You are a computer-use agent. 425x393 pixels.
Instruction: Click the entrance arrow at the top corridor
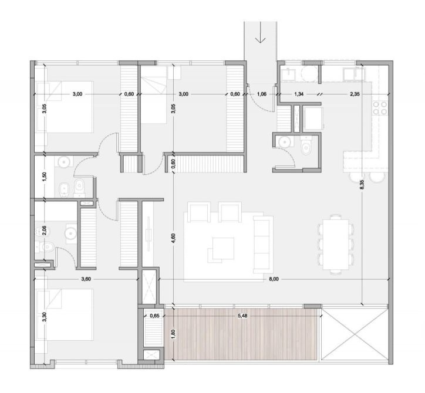261,32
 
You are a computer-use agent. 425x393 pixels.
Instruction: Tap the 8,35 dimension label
362,185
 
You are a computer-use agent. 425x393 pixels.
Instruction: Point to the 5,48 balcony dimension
242,316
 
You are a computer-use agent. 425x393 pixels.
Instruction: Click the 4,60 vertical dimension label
174,239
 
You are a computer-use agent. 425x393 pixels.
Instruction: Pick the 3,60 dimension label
86,279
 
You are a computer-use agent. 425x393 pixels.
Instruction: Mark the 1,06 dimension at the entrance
262,94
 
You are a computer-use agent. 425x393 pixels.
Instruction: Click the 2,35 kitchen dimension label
355,94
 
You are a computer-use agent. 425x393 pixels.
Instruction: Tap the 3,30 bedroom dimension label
45,317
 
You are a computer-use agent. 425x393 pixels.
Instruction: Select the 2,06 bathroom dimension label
45,231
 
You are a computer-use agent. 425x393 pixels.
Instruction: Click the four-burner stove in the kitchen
380,108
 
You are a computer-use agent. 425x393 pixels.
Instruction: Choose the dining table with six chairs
336,245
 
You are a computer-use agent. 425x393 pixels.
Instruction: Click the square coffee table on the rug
223,248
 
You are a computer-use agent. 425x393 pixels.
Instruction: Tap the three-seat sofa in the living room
263,244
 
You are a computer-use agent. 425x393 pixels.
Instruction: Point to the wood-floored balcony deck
241,334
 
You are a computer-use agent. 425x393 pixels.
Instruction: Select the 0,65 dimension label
154,316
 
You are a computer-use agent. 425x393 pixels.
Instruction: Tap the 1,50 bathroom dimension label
45,177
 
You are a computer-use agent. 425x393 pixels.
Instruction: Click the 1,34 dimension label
298,94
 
